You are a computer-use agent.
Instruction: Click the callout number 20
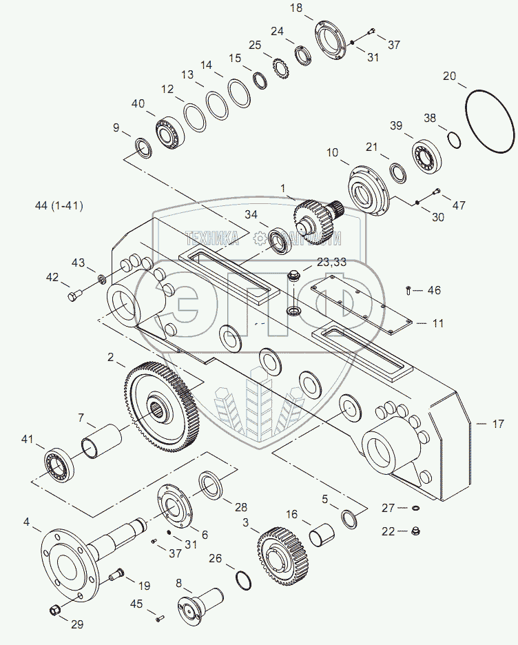(x=449, y=76)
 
